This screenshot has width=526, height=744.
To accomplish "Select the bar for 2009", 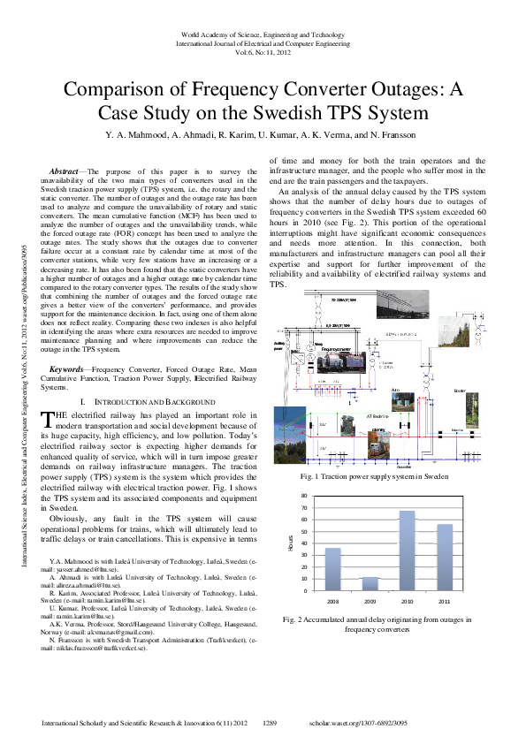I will point(370,584).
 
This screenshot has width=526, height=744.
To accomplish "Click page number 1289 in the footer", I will point(271,723).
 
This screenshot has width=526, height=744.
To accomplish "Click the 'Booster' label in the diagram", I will point(459,390).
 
